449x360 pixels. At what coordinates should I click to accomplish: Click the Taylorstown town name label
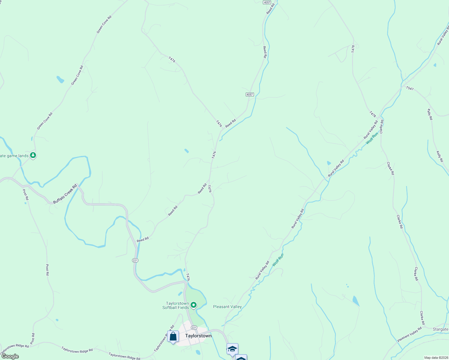[x=198, y=336]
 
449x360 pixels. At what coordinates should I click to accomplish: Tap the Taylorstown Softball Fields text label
[x=176, y=305]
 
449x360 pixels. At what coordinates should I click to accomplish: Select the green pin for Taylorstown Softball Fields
[x=194, y=305]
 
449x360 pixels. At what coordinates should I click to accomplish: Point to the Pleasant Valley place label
[x=227, y=307]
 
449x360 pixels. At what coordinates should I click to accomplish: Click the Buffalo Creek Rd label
[x=65, y=194]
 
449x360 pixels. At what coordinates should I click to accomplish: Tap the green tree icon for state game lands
[x=33, y=155]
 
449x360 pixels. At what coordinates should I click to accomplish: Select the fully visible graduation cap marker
[x=232, y=349]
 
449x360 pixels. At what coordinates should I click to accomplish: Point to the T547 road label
[x=410, y=88]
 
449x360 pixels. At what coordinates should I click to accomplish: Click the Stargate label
[x=440, y=329]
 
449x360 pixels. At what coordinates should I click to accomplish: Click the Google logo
[x=10, y=356]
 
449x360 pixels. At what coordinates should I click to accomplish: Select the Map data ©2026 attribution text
[x=436, y=358]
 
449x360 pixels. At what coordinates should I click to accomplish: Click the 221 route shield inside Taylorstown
[x=194, y=327]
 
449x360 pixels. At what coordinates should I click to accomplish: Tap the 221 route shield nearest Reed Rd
[x=135, y=260]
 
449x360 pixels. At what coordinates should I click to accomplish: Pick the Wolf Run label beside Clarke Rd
[x=372, y=138]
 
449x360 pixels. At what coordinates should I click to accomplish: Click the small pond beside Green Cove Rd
[x=60, y=79]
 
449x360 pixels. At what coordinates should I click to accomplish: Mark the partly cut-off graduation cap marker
[x=241, y=358]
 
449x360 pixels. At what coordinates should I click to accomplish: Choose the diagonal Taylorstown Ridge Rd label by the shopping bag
[x=164, y=339]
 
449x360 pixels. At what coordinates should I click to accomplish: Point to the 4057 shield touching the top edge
[x=267, y=2]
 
